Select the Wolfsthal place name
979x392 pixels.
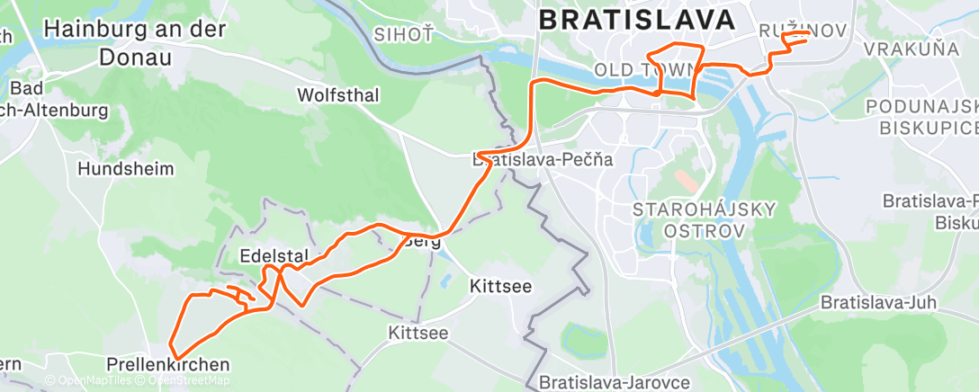[x=338, y=94]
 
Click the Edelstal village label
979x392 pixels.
[x=268, y=256]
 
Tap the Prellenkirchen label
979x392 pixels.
[x=167, y=365]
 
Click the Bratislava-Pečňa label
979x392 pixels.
[x=543, y=160]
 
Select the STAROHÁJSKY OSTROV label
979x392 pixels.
[x=705, y=220]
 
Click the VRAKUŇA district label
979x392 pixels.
[x=912, y=49]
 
